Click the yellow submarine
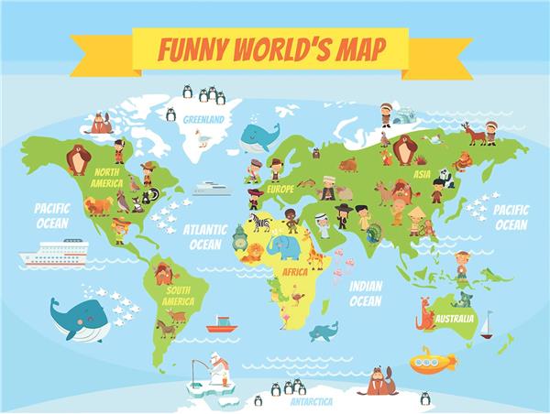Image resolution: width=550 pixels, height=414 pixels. coord(432,360)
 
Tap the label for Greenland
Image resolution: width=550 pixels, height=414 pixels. coord(203,119)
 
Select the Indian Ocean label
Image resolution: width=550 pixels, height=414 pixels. coord(365,293)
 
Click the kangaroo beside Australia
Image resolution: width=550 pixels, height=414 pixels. coord(425,314)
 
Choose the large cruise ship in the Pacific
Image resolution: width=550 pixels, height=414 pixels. coord(54,252)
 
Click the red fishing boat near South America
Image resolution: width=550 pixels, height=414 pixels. coord(221,325)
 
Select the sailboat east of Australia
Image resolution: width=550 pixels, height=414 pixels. coord(487,325)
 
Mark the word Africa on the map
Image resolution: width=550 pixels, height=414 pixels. coord(294,272)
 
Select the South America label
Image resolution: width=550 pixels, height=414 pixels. coord(178,296)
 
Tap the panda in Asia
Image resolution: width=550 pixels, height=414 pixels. coord(445,177)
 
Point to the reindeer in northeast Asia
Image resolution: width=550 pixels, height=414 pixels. coord(474,134)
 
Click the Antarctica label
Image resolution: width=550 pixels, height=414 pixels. coord(312,401)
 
